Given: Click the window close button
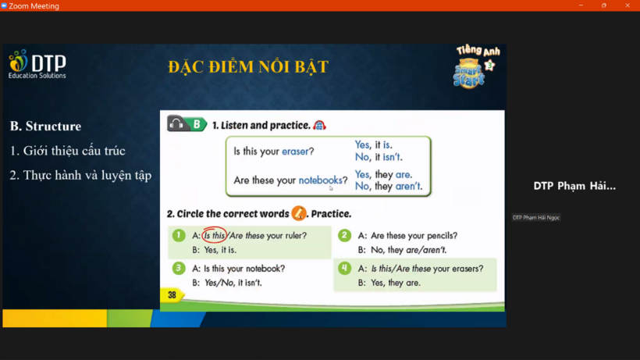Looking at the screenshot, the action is pos(628,5).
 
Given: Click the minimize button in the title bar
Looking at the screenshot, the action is pos(581,5).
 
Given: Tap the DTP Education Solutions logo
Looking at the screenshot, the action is pos(37,64).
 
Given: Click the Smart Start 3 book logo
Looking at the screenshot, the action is pos(476,66).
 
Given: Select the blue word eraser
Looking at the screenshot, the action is pos(295,151).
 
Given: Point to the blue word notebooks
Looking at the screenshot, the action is pos(321,180).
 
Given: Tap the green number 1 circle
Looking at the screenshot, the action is pos(179,235).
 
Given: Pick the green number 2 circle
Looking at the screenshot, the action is pos(344,235).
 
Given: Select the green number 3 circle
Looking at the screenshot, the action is pos(179,268).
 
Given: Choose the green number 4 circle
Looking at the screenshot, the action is pos(344,268).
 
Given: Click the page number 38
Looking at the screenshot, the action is pos(172,295).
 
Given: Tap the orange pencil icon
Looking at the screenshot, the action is pos(299,213).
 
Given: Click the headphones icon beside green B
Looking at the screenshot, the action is pos(176,123).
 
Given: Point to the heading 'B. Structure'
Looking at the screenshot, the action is pos(45,127).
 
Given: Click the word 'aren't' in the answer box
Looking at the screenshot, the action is pos(407,186).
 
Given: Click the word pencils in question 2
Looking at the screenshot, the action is pos(440,236).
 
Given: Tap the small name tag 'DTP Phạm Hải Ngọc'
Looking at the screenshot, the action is pos(536,218).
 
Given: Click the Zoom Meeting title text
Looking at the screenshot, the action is pos(34,6).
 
